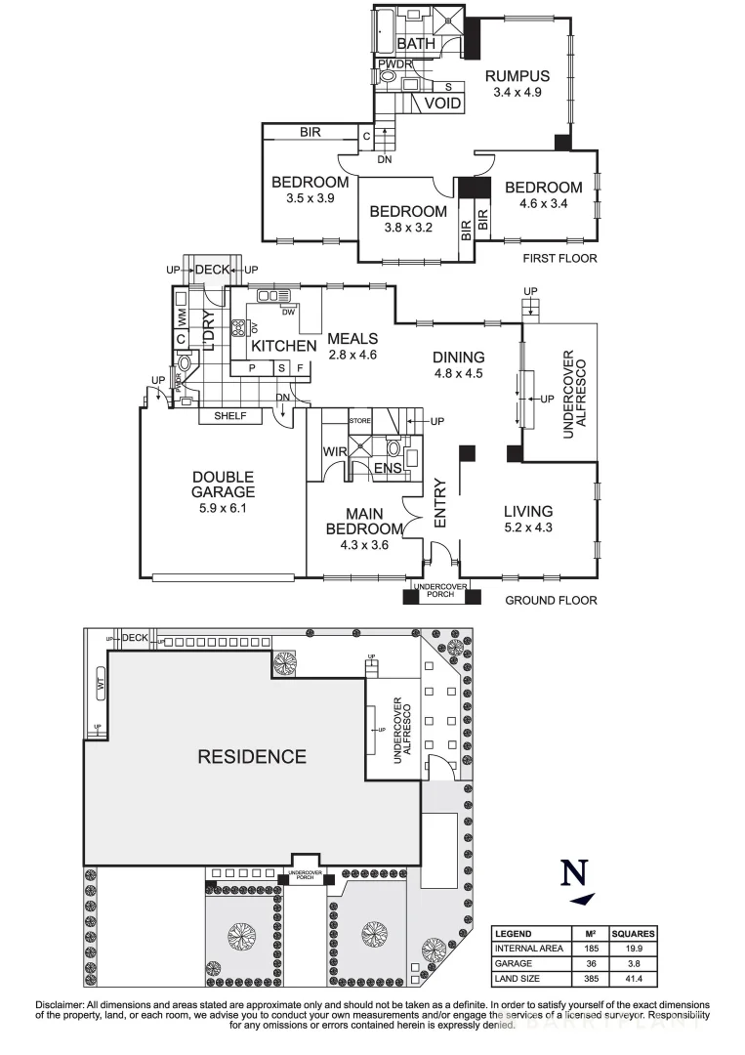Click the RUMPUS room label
point(517,75)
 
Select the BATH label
point(416,44)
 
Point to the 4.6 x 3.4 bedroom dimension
point(543,203)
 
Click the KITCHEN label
point(284,346)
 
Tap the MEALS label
point(352,339)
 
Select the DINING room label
point(459,357)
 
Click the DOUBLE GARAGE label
point(223,485)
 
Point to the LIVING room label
point(528,511)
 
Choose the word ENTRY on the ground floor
point(440,503)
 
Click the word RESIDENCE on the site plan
point(252,756)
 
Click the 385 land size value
point(589,978)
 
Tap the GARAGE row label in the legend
point(515,963)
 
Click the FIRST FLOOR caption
point(560,259)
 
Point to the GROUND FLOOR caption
point(551,600)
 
